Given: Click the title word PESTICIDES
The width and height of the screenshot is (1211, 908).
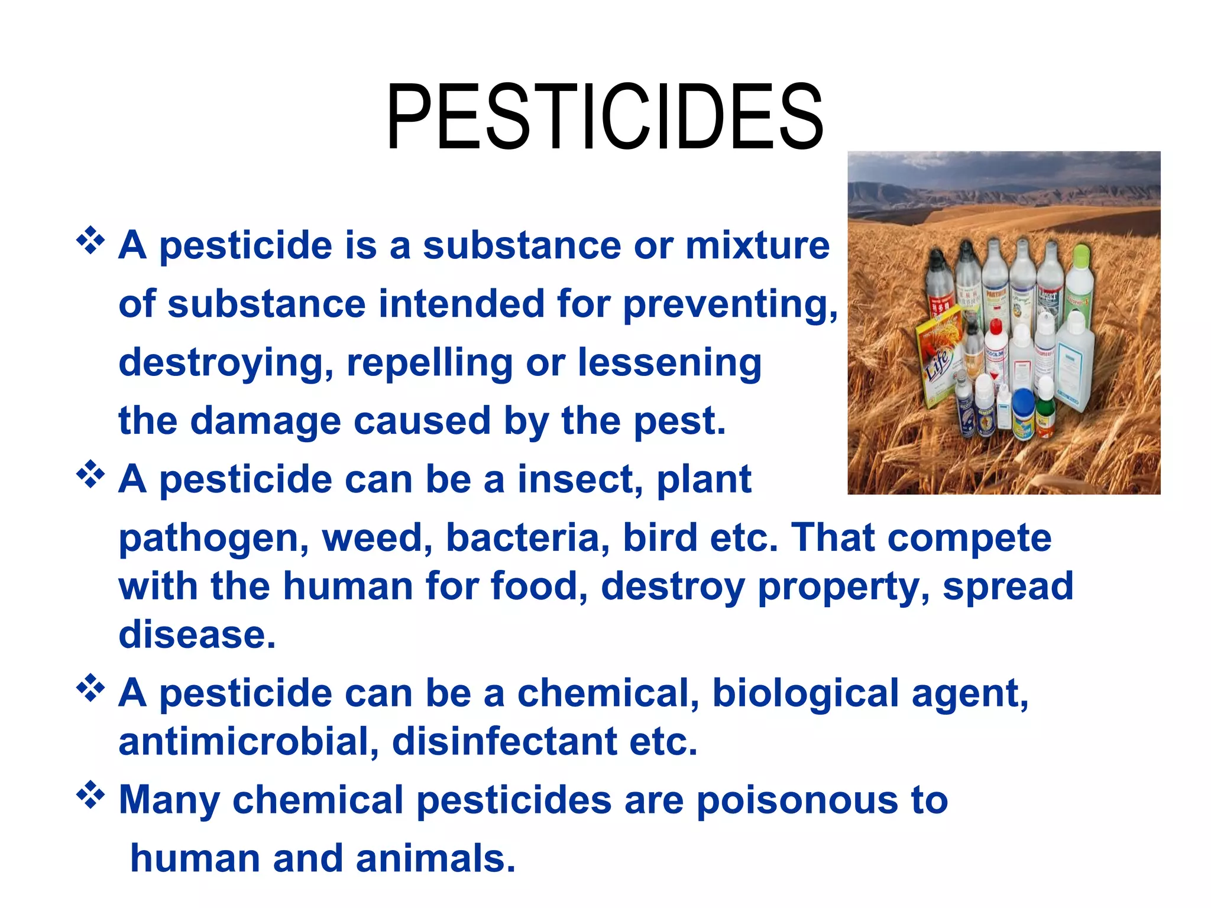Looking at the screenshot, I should pos(604,117).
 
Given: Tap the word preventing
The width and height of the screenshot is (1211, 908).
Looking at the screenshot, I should pos(730,304).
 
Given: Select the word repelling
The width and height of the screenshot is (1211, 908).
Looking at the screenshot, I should pos(429,362).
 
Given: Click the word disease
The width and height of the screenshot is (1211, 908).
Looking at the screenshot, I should pos(197,634).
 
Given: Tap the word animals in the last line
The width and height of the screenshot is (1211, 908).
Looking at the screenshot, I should pos(435,858).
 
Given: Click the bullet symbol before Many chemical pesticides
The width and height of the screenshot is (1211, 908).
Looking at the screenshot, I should pos(90,795).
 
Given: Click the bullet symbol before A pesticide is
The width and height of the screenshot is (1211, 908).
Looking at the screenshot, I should pos(90,240).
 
